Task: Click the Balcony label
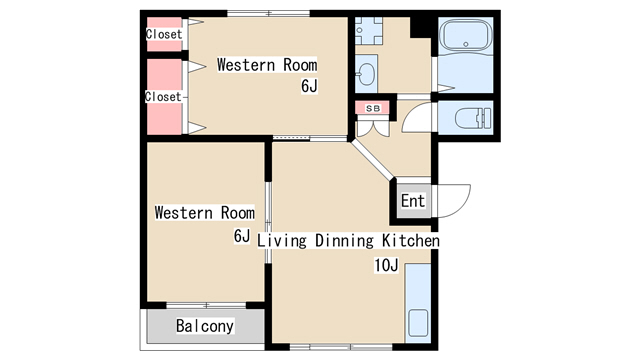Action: (x=205, y=326)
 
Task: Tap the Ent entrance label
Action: (x=413, y=201)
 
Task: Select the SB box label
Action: (x=373, y=108)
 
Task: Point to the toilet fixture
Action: (x=473, y=118)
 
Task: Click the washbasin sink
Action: (x=366, y=74)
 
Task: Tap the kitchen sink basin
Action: (x=418, y=323)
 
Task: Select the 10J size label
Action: (x=386, y=265)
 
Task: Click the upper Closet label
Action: (x=164, y=34)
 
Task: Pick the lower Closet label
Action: (x=163, y=97)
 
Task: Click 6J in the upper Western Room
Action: (x=309, y=86)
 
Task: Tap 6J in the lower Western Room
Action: (x=242, y=236)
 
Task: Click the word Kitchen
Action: (x=411, y=240)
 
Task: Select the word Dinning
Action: (x=344, y=240)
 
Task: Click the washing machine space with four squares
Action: (x=369, y=31)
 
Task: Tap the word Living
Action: (x=282, y=240)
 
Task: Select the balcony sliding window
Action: (x=207, y=305)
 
